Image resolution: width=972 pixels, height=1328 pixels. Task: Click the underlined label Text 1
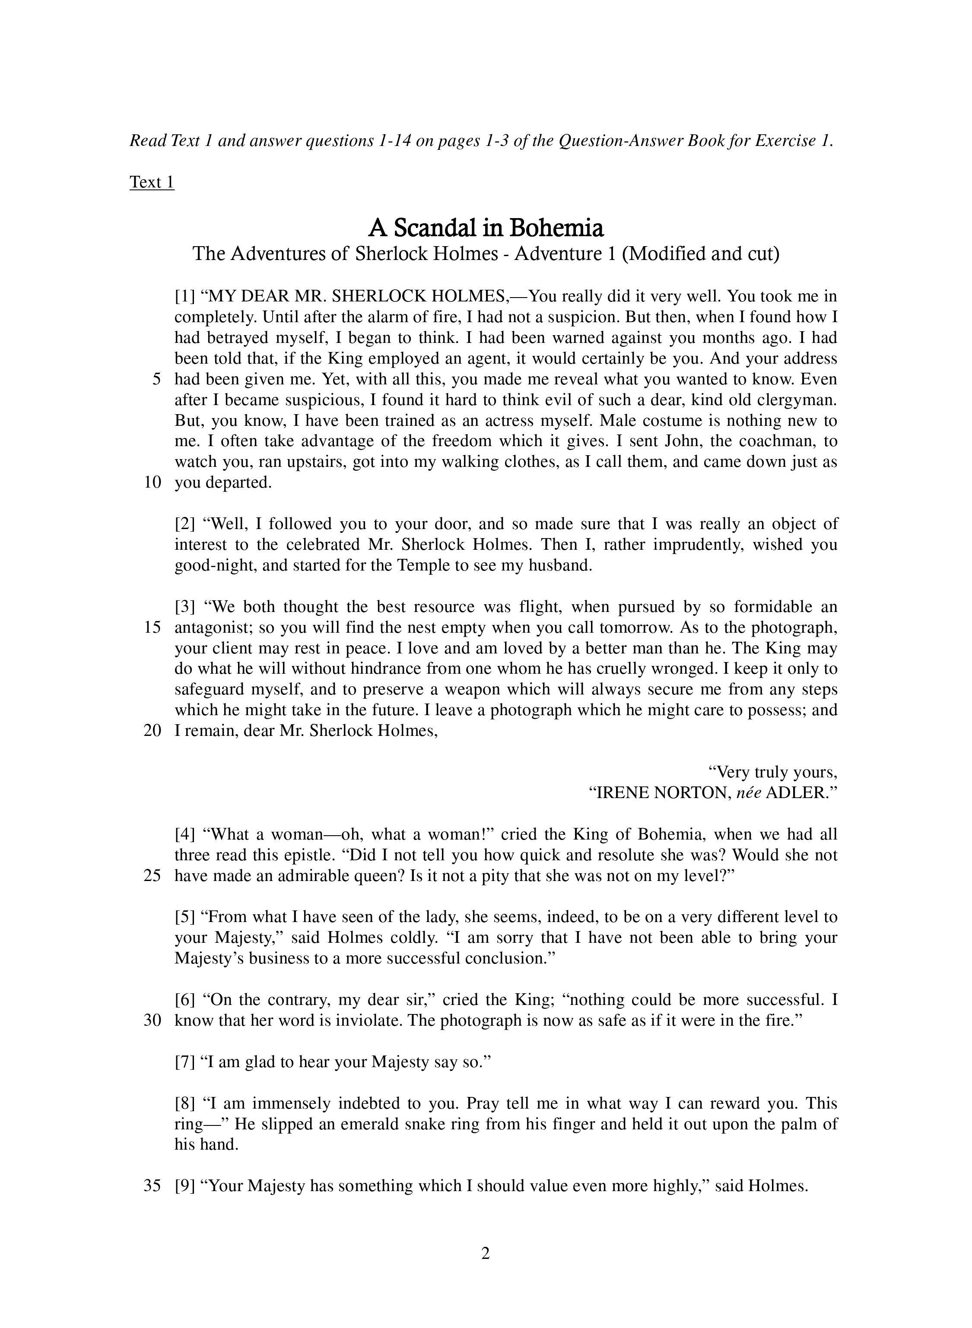(x=152, y=182)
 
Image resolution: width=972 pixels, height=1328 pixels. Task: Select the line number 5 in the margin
(x=156, y=379)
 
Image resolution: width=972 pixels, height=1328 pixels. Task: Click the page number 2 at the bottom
(x=486, y=1253)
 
